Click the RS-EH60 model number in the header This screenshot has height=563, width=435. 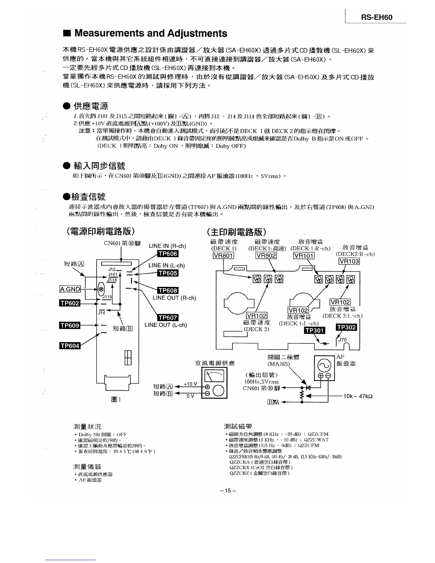(377, 17)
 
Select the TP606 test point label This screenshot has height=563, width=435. (167, 253)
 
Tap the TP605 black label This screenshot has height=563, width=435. (167, 273)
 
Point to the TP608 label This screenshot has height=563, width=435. (167, 291)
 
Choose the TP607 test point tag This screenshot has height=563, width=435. (167, 318)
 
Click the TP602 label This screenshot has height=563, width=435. (70, 303)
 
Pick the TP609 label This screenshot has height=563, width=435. (70, 325)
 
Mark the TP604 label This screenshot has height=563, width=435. (70, 345)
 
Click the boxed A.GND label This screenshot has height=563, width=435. (70, 289)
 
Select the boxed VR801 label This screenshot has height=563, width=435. (223, 256)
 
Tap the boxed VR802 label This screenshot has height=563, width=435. (266, 256)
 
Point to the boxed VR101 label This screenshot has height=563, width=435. (304, 256)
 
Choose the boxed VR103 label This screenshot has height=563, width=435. (349, 261)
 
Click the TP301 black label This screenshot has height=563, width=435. (315, 331)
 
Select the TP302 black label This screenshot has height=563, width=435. (346, 327)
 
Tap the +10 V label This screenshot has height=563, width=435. (190, 384)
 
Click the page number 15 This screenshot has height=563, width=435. (228, 491)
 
